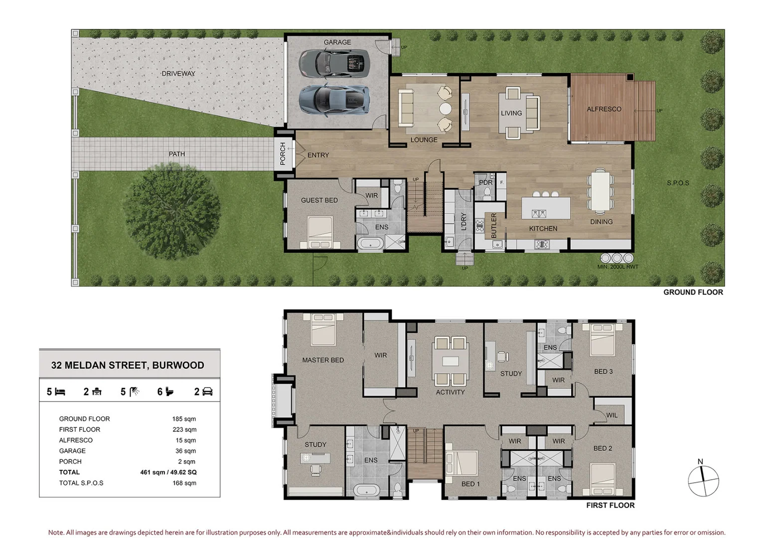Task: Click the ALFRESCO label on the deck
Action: pyautogui.click(x=604, y=109)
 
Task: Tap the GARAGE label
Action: pyautogui.click(x=337, y=42)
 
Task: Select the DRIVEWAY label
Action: pyautogui.click(x=178, y=74)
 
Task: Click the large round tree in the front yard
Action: pyautogui.click(x=171, y=213)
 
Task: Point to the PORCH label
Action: pyautogui.click(x=283, y=153)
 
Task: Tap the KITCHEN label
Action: pyautogui.click(x=543, y=229)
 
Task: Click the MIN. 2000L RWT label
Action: pyautogui.click(x=618, y=267)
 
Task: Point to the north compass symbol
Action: pyautogui.click(x=703, y=480)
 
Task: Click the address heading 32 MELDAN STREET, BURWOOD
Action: pyautogui.click(x=128, y=365)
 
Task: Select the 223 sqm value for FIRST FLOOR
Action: pyautogui.click(x=184, y=429)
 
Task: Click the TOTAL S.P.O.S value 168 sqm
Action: pyautogui.click(x=184, y=483)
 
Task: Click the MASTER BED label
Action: pyautogui.click(x=322, y=360)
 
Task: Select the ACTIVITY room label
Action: pyautogui.click(x=450, y=393)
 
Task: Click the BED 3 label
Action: pyautogui.click(x=603, y=372)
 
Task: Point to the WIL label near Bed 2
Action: pyautogui.click(x=612, y=415)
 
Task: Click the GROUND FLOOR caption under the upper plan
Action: pyautogui.click(x=693, y=292)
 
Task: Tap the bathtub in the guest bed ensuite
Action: pyautogui.click(x=370, y=244)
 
